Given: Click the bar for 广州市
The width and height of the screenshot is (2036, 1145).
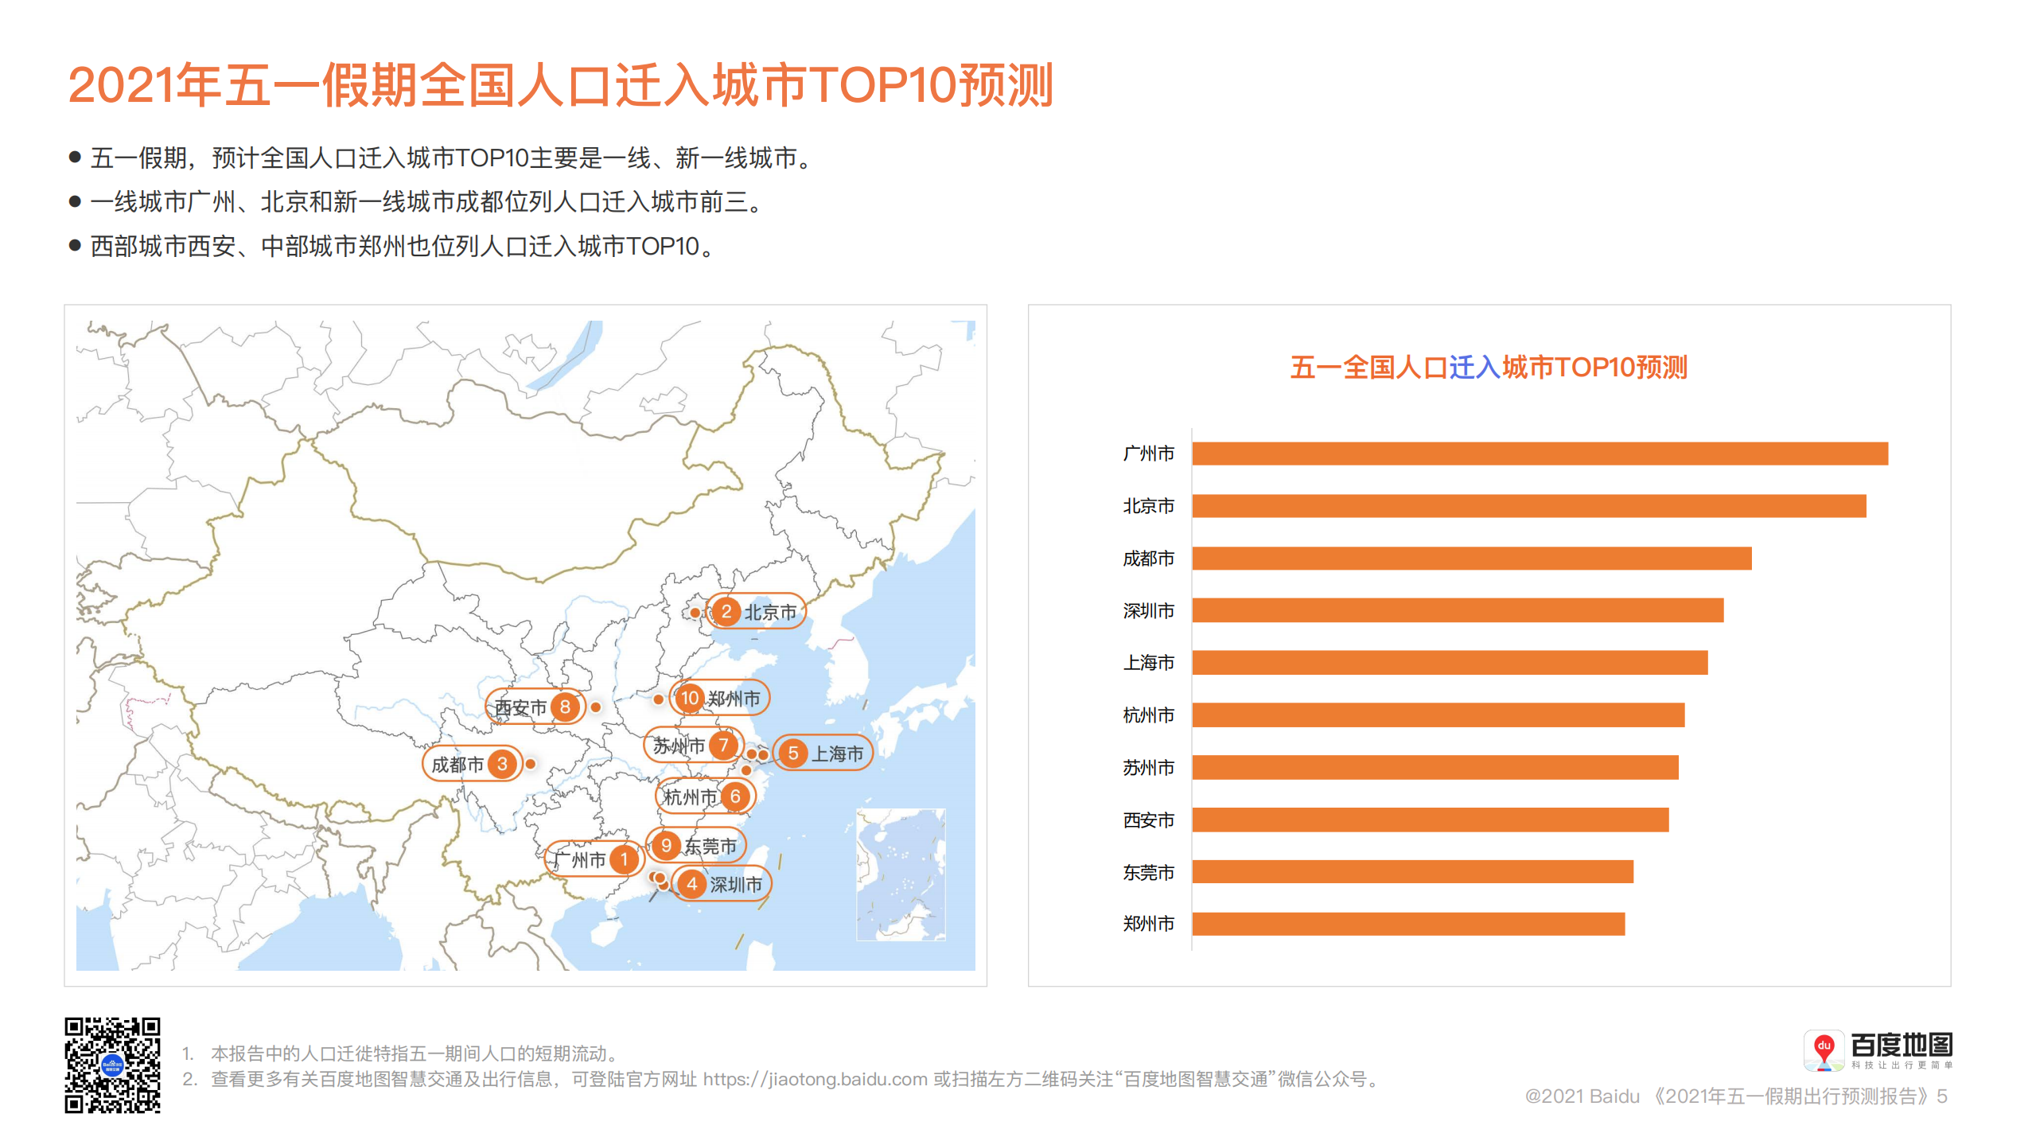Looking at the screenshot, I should click(x=1539, y=454).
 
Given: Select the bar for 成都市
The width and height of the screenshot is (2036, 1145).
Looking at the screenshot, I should click(x=1471, y=559).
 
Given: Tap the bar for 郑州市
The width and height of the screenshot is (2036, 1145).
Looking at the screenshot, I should click(x=1407, y=924).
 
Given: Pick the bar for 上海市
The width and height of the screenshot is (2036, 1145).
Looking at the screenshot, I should click(x=1449, y=663).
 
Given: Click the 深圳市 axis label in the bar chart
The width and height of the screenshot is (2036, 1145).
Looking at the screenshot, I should click(x=1148, y=611).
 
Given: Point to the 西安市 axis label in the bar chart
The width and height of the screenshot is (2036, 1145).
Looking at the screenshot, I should click(x=1148, y=820).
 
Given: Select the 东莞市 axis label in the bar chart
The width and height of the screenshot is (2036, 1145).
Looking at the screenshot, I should click(x=1148, y=873).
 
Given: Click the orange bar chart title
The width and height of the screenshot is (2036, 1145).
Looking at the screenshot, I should click(x=1488, y=368).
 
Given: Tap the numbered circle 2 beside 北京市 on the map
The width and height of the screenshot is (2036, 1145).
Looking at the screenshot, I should click(x=726, y=612).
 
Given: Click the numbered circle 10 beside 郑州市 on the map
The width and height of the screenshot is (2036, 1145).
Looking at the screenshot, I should click(x=689, y=699).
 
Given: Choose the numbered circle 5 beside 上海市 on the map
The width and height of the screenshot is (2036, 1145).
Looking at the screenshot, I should click(x=792, y=754).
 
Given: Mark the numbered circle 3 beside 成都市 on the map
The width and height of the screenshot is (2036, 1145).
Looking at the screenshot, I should click(x=502, y=765).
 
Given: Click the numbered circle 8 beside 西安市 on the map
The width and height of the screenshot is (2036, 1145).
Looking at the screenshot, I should click(x=565, y=707).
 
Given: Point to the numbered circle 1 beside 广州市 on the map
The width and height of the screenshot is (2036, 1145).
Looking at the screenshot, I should click(x=625, y=859).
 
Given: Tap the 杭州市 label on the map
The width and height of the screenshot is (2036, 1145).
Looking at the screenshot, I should click(x=690, y=797).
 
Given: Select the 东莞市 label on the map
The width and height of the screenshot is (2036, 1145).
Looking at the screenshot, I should click(x=710, y=846).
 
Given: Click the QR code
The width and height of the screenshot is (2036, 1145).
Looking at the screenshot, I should click(x=112, y=1065).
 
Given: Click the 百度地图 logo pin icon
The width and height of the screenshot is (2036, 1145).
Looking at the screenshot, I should click(x=1824, y=1050).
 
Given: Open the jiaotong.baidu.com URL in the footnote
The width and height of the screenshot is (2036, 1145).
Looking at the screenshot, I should click(x=815, y=1080).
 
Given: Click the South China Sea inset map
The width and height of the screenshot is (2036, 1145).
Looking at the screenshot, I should click(x=900, y=874).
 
